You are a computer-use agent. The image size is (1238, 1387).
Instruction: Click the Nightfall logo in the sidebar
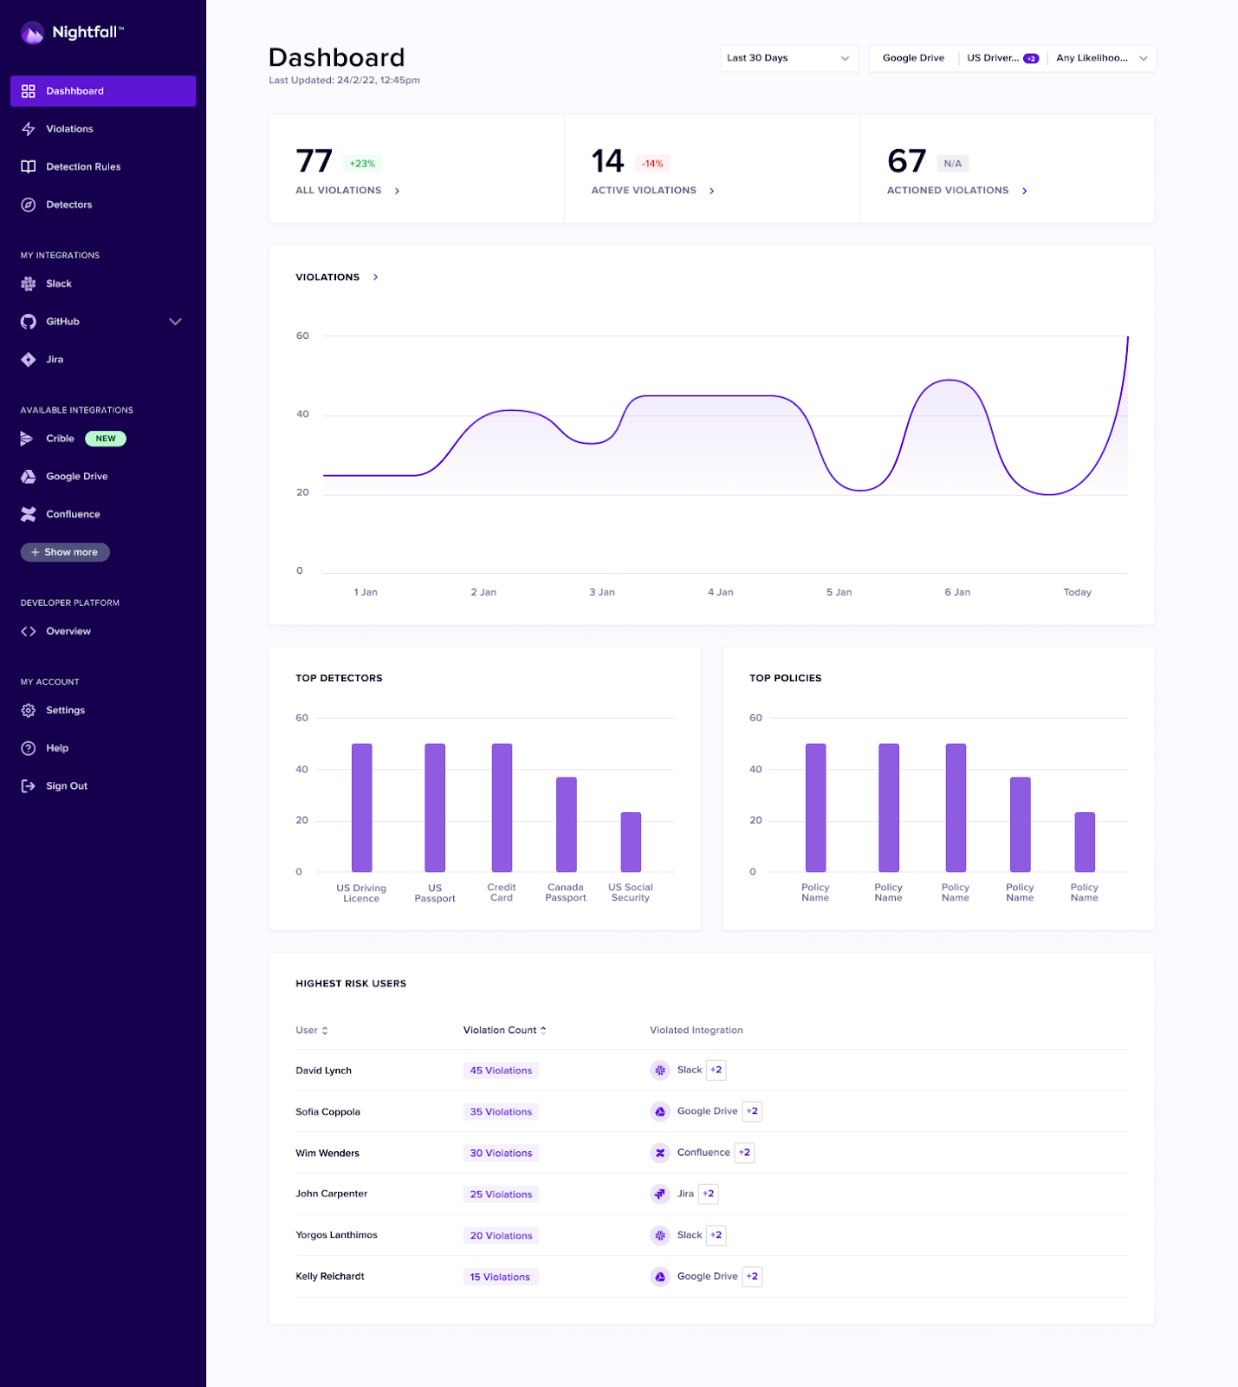click(72, 33)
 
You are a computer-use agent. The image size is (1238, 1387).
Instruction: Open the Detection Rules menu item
click(83, 167)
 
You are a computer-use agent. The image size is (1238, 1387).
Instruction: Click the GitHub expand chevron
click(175, 322)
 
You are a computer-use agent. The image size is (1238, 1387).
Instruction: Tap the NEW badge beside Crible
click(106, 439)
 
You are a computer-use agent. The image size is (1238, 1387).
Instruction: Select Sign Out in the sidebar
click(66, 786)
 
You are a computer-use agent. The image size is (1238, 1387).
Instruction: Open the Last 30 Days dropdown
click(788, 58)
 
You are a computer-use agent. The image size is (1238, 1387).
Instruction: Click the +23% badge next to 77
click(362, 164)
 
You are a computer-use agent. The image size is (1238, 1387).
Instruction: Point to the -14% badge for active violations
click(652, 164)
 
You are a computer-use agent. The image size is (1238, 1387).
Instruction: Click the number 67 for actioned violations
click(906, 161)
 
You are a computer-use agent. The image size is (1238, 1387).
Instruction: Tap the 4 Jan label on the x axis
click(720, 592)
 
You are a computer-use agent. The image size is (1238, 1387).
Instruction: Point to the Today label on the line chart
click(1077, 592)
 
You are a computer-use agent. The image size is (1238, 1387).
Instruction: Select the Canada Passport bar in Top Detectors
click(566, 824)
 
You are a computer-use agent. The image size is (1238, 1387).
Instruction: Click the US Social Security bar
click(631, 842)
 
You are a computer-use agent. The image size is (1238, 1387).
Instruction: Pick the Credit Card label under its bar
click(502, 893)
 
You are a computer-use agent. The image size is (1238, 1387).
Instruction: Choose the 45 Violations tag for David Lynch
click(501, 1071)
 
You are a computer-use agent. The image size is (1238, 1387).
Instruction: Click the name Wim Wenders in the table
click(327, 1153)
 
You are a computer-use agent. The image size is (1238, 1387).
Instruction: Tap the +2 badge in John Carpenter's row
click(709, 1194)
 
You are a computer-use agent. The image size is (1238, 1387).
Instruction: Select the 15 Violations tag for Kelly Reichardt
click(500, 1277)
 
